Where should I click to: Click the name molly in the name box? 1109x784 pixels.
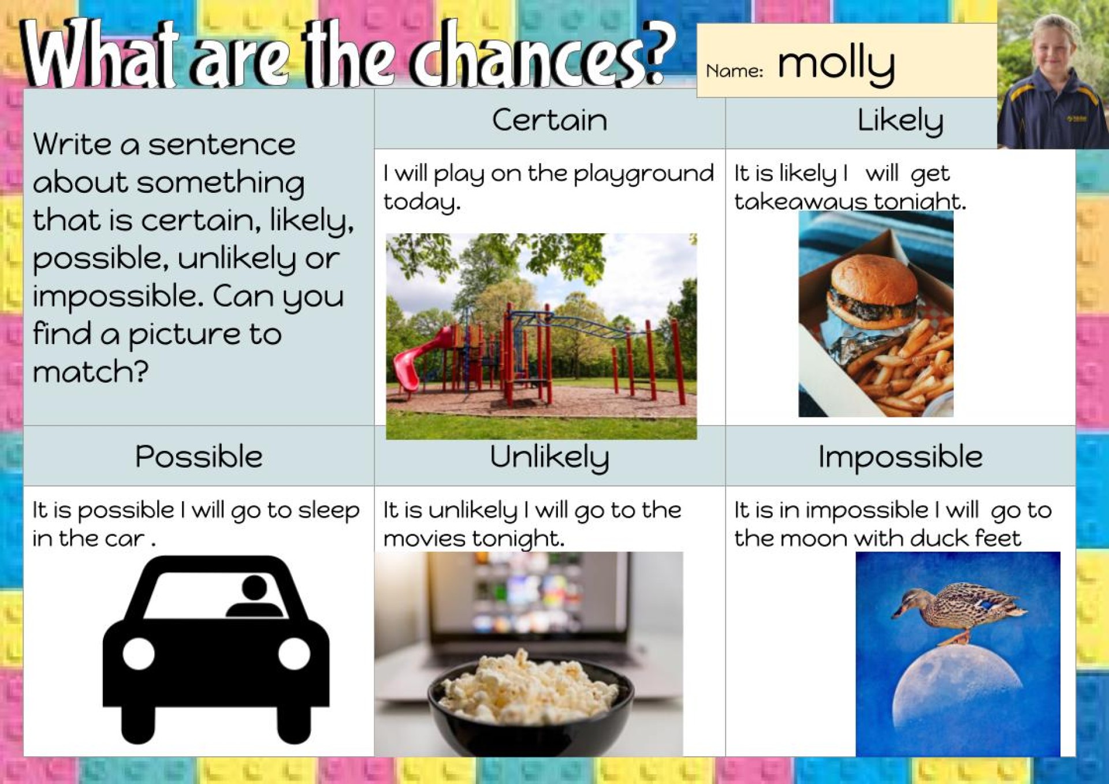[836, 65]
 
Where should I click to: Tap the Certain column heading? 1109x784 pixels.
[549, 120]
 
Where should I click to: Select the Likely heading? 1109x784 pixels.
[900, 121]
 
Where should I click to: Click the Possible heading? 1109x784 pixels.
[199, 457]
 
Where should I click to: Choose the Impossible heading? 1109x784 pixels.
[900, 457]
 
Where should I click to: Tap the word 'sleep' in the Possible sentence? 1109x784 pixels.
[329, 511]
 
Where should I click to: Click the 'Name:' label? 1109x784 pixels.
[734, 71]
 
